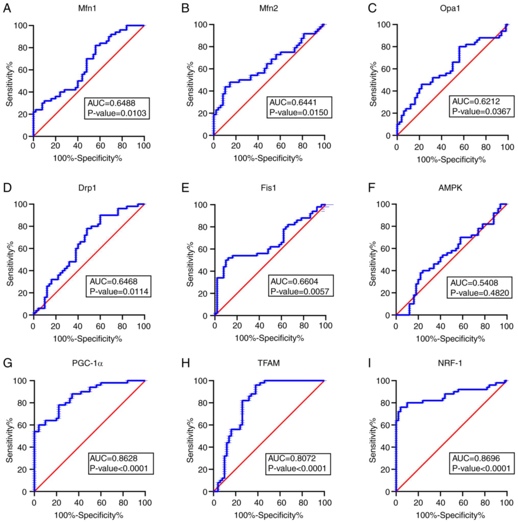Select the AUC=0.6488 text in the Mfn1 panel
[x=111, y=103]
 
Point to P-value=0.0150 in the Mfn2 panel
[x=299, y=112]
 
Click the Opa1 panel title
[x=450, y=9]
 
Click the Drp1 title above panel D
[x=87, y=188]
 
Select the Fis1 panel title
[x=268, y=188]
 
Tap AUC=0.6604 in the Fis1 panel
[x=295, y=281]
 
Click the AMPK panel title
[x=450, y=188]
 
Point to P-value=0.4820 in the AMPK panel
[x=480, y=293]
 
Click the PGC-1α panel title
[x=87, y=363]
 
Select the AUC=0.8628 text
[x=114, y=458]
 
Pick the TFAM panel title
[x=268, y=363]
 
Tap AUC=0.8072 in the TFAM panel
[x=292, y=458]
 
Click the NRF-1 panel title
[x=450, y=363]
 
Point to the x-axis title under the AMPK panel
[x=450, y=339]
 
